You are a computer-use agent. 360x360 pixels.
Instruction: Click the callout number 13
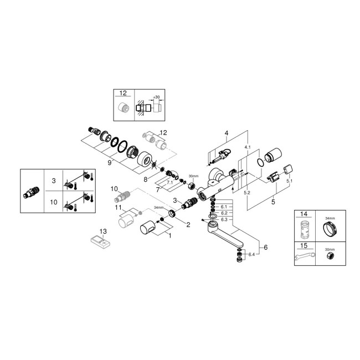click(101, 232)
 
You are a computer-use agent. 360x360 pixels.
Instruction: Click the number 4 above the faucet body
click(226, 133)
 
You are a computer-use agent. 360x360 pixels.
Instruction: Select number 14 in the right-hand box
click(304, 213)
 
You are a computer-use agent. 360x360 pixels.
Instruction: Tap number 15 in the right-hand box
click(304, 245)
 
